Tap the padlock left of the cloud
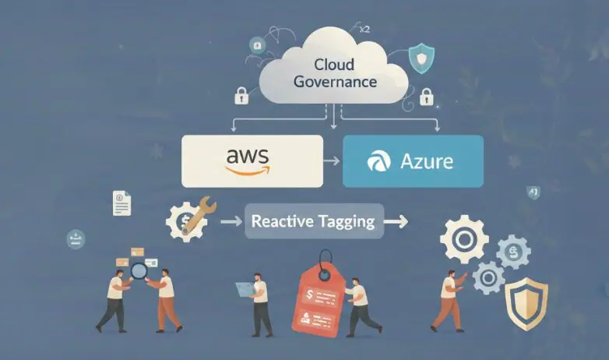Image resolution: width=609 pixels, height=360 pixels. coord(241,97)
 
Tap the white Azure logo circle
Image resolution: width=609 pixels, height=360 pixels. coord(379,162)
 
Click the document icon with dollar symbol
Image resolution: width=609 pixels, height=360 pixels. coord(121,203)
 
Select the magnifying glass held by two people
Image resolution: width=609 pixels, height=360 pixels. coord(138,271)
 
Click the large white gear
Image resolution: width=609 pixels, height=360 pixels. coord(464,238)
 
